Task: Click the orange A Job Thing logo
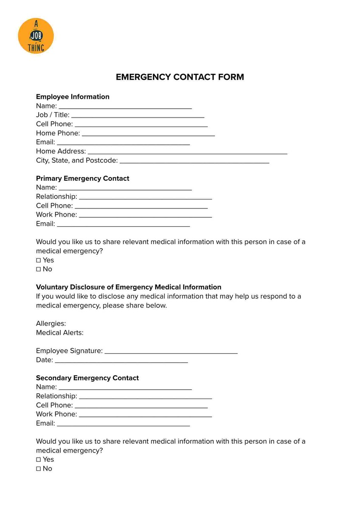click(36, 36)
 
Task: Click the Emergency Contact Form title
click(180, 77)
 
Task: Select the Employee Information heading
click(73, 97)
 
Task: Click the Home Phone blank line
click(148, 134)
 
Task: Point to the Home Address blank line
click(187, 152)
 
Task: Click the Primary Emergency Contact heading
click(82, 178)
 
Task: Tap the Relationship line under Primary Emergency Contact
click(145, 198)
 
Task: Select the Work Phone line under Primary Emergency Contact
click(145, 216)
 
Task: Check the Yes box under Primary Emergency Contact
click(39, 260)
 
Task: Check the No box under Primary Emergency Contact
click(39, 269)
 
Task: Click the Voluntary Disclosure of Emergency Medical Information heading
click(129, 287)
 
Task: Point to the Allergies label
click(51, 323)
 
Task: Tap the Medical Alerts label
click(60, 333)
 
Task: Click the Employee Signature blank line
click(171, 352)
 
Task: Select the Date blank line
click(121, 361)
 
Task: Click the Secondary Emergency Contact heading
click(87, 378)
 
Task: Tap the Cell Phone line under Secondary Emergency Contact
click(141, 406)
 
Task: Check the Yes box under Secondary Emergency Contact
click(39, 460)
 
